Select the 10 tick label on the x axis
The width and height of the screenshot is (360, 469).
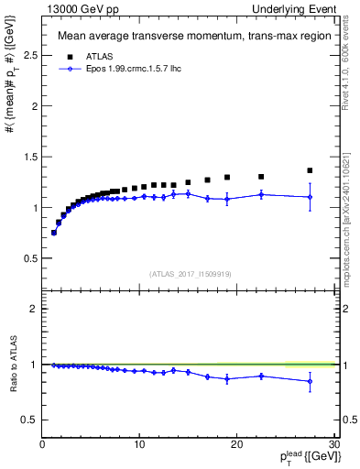[x=139, y=444]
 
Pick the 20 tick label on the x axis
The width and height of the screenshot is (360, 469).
[x=237, y=444]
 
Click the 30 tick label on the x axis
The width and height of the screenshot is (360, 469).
[x=333, y=444]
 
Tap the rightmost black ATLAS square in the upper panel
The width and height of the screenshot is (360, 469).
[x=310, y=170]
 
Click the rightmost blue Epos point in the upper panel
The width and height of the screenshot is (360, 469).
[x=310, y=197]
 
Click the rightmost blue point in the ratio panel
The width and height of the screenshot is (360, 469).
[x=310, y=381]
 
